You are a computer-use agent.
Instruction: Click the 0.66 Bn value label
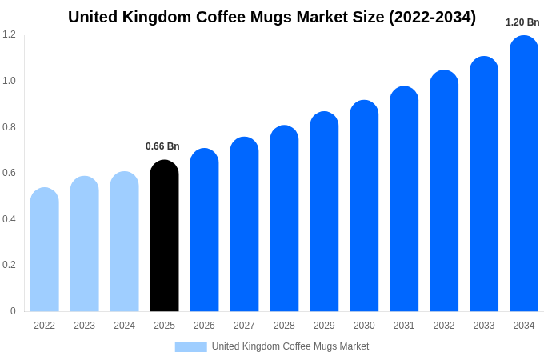162,146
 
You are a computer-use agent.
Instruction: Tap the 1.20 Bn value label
522,22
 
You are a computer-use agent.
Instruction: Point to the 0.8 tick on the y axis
9,126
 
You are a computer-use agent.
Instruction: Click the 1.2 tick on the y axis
9,34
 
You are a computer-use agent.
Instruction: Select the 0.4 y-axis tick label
9,219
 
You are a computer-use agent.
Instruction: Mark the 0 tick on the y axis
13,311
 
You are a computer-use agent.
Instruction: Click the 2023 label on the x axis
84,326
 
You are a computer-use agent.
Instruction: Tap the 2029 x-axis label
324,326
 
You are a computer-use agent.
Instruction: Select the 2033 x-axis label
484,326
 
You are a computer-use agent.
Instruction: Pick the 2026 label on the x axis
204,326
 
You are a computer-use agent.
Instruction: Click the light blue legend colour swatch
190,347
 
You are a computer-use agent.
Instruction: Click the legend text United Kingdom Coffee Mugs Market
290,346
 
